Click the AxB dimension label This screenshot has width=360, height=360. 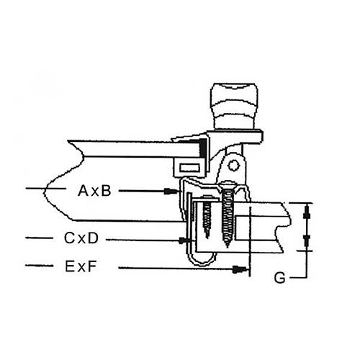[x=94, y=191]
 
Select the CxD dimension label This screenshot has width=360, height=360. [x=81, y=238]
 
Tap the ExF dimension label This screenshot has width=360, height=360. [x=81, y=266]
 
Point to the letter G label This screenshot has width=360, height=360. [x=279, y=278]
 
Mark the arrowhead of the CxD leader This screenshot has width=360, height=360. [x=184, y=240]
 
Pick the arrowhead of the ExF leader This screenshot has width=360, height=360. [x=240, y=269]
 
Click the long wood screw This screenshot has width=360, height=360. [x=228, y=215]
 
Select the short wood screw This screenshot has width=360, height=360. [x=207, y=218]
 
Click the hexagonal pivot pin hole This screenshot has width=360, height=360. [x=233, y=166]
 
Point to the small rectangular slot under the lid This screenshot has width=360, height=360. [x=190, y=168]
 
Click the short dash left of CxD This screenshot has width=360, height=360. [x=39, y=238]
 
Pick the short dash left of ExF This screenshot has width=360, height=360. [x=39, y=266]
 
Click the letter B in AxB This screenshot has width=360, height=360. [x=105, y=191]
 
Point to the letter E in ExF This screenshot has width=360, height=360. [x=69, y=266]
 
